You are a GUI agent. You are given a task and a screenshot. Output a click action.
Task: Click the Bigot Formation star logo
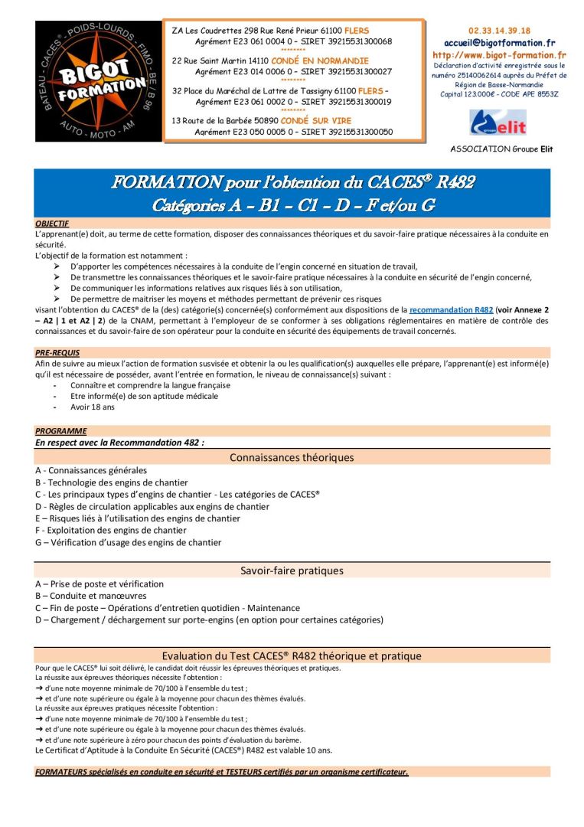[98, 81]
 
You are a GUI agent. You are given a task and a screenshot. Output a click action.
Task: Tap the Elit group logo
[498, 123]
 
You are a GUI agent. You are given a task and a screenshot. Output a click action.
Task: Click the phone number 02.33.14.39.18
[499, 31]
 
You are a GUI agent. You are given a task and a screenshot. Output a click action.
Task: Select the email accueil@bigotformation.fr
[499, 43]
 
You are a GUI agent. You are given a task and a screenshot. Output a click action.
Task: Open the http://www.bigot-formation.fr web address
[499, 55]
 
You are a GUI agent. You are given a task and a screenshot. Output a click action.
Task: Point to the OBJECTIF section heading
[52, 224]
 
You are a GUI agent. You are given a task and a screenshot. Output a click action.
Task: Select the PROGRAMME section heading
[60, 431]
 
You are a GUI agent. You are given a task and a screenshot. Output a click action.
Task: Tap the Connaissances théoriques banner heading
[292, 457]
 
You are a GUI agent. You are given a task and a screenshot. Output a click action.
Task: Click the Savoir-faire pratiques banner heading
[292, 570]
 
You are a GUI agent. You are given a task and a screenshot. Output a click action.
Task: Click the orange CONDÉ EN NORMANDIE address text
[313, 60]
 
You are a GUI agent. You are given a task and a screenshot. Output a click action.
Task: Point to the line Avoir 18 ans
[93, 407]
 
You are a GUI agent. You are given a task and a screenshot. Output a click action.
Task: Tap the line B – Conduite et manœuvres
[90, 596]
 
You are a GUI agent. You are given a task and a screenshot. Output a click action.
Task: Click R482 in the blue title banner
[455, 182]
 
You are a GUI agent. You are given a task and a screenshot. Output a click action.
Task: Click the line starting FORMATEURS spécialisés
[222, 771]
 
